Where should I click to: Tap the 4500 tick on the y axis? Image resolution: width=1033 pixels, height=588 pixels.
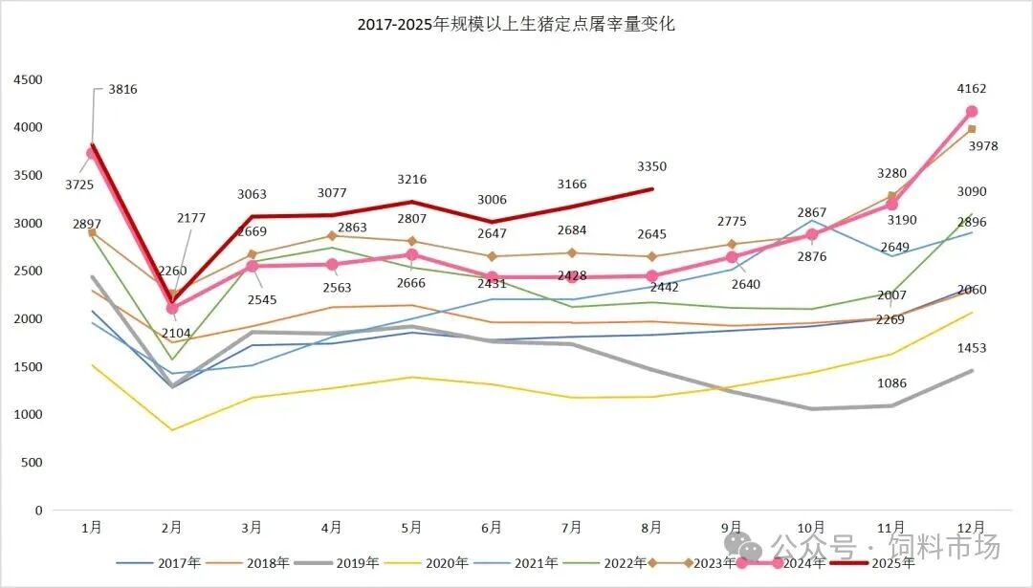click(29, 80)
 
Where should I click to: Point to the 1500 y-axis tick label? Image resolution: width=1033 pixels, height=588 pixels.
click(29, 367)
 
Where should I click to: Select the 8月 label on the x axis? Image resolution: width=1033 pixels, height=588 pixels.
click(652, 527)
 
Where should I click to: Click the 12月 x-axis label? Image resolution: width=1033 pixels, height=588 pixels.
click(971, 527)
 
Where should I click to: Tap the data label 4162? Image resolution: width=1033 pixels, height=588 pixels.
click(971, 89)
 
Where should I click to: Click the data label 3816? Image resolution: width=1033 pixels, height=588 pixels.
click(122, 90)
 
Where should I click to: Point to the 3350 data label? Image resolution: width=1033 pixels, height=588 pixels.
click(652, 166)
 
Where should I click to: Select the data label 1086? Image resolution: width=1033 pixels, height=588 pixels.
click(890, 383)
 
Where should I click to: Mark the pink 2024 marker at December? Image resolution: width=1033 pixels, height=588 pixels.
click(971, 112)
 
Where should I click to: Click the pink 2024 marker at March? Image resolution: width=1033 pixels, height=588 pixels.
click(253, 266)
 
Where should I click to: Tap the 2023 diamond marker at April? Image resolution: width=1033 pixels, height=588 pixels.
click(332, 235)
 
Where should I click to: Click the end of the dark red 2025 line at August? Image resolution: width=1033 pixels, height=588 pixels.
click(652, 189)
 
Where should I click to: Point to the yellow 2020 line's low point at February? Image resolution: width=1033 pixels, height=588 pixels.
click(172, 430)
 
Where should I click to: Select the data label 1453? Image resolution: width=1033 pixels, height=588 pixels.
click(971, 349)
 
